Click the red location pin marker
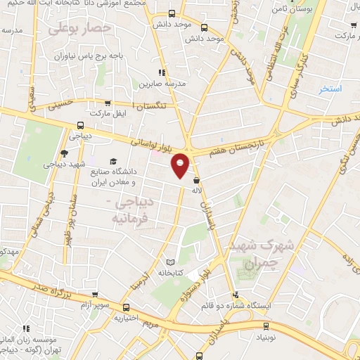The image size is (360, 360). [x=181, y=165]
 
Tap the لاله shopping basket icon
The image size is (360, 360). [x=195, y=181]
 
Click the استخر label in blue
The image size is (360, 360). [x=329, y=89]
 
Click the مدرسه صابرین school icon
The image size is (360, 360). [x=162, y=72]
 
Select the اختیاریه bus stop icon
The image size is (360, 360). [x=126, y=307]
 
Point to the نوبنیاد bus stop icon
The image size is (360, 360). [x=266, y=326]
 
